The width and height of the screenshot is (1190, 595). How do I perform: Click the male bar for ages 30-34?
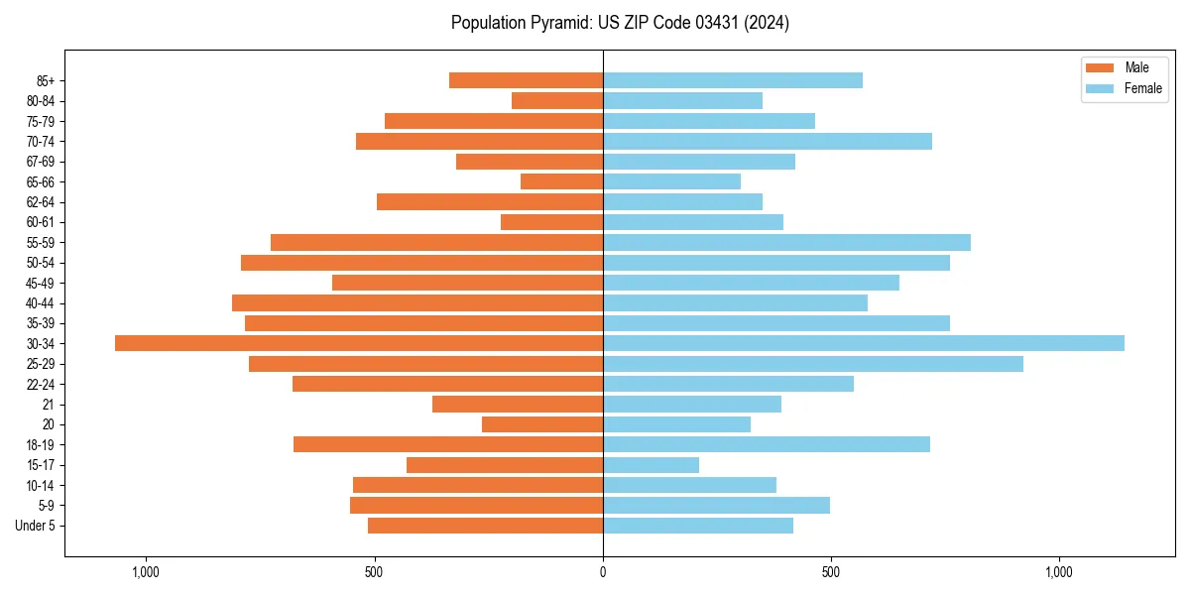[x=359, y=343]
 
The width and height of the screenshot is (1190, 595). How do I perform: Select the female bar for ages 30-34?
[x=864, y=343]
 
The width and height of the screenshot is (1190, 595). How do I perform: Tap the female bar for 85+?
[x=733, y=80]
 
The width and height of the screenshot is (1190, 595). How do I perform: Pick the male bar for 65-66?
[x=561, y=181]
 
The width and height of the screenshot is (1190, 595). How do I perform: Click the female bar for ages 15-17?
[x=651, y=465]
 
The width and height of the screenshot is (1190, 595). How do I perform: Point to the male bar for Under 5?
[x=485, y=526]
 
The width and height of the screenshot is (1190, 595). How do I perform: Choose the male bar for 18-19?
[x=448, y=444]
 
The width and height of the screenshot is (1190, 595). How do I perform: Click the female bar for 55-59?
[x=786, y=242]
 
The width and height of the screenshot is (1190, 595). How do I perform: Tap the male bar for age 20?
[x=542, y=424]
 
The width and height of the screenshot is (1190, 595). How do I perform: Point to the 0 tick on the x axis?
[x=603, y=572]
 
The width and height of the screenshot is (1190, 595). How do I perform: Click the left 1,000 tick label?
[x=146, y=572]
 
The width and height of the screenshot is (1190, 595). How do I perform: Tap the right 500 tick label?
[x=831, y=572]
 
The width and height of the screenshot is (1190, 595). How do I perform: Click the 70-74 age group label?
[x=41, y=142]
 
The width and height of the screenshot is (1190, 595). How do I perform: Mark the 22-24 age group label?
[x=41, y=385]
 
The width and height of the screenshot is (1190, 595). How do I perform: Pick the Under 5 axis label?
[x=35, y=526]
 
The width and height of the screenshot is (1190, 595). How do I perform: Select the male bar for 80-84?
[x=557, y=100]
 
